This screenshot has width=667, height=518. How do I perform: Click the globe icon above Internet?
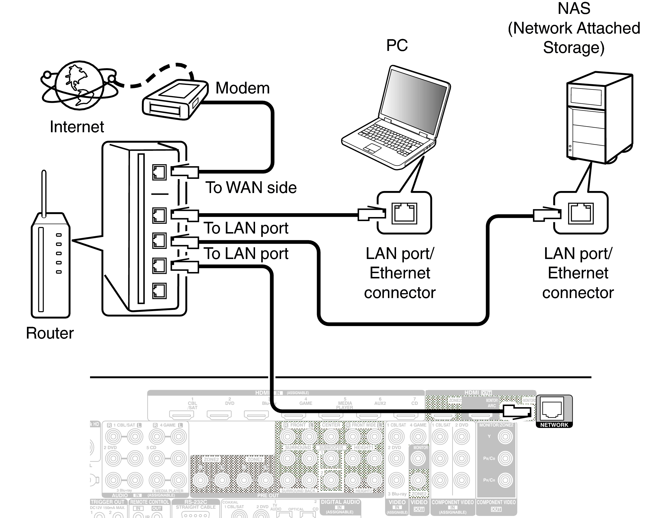79,85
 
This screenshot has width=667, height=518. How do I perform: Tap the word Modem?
243,88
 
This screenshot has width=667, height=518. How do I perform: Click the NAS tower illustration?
599,117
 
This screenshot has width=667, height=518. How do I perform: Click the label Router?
50,333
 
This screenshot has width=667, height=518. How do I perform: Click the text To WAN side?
250,188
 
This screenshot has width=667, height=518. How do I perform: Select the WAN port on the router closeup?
159,172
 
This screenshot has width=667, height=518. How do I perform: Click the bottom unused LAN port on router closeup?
159,291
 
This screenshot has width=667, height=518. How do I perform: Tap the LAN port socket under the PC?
404,213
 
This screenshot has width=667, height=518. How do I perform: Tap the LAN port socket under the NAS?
580,213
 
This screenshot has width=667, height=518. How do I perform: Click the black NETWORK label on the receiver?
554,425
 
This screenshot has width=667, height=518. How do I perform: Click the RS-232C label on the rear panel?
195,502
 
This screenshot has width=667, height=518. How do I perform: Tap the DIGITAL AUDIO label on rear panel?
340,502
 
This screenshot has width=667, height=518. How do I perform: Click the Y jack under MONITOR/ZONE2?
505,437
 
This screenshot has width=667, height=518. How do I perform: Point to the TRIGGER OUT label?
107,502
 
